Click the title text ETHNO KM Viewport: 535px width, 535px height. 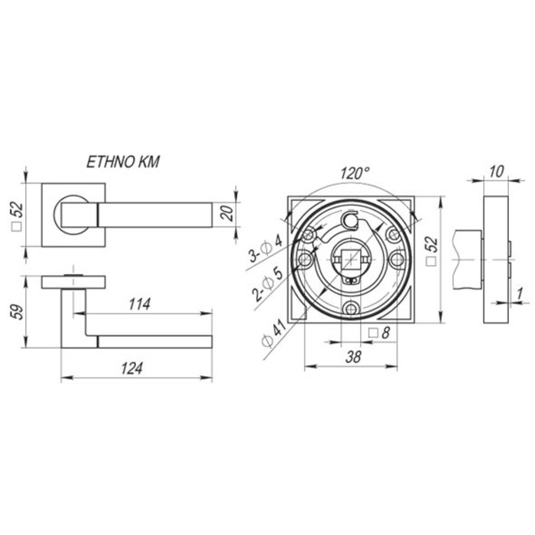(x=123, y=162)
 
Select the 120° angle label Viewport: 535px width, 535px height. (x=355, y=173)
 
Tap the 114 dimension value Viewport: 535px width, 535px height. (x=140, y=304)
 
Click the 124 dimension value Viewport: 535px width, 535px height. (x=131, y=368)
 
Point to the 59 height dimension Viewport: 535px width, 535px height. (x=18, y=312)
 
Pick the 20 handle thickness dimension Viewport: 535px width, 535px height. (x=227, y=213)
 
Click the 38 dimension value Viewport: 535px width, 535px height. (x=353, y=357)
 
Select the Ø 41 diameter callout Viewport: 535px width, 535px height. (x=274, y=333)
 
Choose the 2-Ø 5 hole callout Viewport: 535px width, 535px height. (x=267, y=284)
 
